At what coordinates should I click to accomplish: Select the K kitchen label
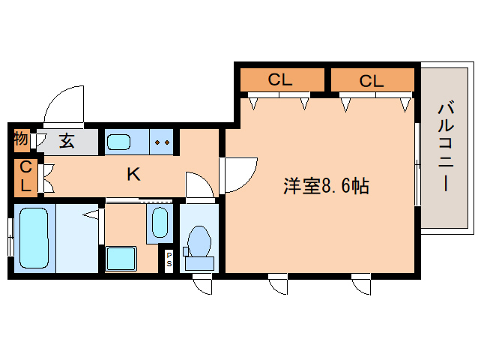(133, 175)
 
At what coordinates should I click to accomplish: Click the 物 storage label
(21, 139)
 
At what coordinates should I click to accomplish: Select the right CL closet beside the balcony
(372, 80)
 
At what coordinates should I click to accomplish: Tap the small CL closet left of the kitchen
(25, 176)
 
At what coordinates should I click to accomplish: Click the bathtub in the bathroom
(34, 238)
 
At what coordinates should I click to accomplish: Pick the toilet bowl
(199, 244)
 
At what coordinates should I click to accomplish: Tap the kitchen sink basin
(119, 141)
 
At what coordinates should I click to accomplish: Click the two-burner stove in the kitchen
(163, 141)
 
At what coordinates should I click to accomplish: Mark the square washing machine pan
(120, 258)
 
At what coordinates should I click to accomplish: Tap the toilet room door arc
(199, 185)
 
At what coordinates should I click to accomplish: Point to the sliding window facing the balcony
(416, 163)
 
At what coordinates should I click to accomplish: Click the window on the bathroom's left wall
(10, 238)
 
